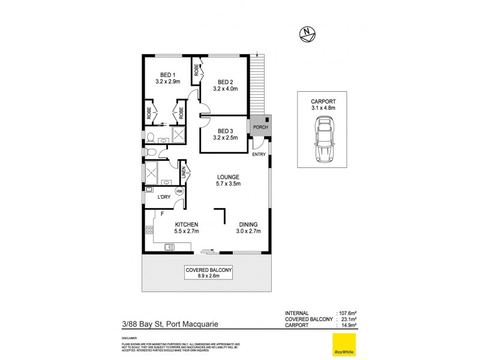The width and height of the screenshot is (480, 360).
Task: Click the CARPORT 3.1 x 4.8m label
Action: point(324,104)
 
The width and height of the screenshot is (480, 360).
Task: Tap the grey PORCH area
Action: point(261,124)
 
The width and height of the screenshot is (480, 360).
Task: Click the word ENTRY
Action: point(259,154)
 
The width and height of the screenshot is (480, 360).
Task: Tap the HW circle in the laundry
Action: point(179,191)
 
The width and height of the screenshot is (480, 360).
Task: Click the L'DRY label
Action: point(164,197)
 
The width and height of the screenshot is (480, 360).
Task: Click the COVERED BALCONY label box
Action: point(208,274)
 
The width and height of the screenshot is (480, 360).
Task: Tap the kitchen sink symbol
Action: point(169,246)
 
